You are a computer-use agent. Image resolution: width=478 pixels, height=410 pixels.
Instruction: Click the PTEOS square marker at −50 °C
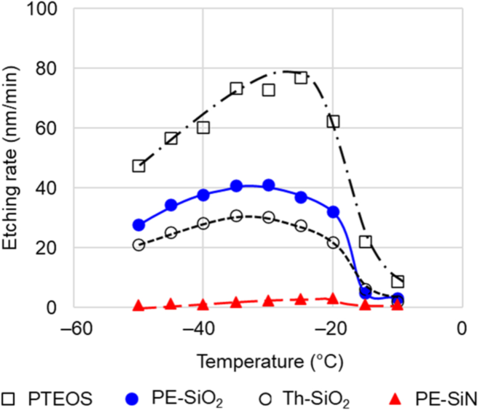(139, 166)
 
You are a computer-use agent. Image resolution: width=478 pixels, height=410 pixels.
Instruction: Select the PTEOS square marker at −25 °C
(301, 77)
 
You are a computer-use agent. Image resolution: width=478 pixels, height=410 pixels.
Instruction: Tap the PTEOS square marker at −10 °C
(398, 281)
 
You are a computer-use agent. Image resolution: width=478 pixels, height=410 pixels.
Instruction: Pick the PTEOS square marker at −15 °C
(365, 242)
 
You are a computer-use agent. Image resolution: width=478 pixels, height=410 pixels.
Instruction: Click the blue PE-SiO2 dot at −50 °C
(139, 225)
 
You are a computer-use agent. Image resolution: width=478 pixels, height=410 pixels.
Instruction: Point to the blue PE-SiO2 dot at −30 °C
(269, 185)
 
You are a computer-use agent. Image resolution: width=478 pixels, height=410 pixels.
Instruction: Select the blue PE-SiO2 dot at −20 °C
(334, 212)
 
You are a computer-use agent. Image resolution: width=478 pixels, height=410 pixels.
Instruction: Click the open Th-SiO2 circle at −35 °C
(236, 215)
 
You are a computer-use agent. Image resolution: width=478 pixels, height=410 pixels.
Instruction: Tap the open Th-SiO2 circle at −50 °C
(139, 245)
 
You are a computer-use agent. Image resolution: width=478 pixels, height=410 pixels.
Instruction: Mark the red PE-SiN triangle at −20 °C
(334, 299)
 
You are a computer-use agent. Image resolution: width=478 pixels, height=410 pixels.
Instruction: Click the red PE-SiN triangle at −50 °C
(139, 306)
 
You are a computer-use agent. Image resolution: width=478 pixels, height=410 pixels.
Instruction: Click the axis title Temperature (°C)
(270, 363)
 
